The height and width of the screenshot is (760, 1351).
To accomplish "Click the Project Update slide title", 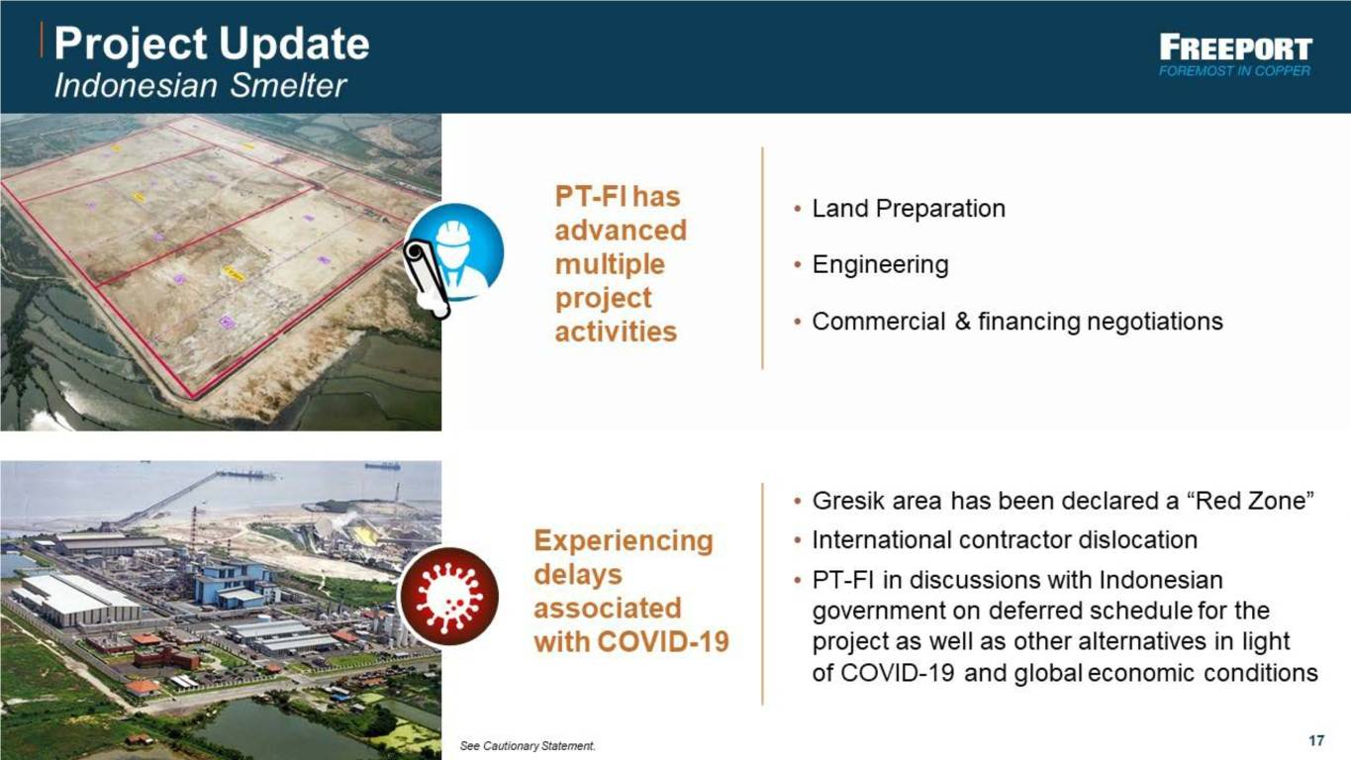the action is point(212,44).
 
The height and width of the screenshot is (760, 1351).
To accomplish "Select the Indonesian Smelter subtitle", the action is point(200,86).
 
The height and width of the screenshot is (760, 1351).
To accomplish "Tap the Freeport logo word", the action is point(1235,47).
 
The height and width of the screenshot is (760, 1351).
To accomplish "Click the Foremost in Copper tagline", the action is point(1234,71).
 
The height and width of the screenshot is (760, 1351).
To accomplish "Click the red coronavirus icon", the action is point(448,596).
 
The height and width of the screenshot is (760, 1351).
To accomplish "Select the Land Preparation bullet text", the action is point(909,209).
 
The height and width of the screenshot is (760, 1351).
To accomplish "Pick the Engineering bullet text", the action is point(881,265).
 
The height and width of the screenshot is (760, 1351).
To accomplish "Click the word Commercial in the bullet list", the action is point(879,322).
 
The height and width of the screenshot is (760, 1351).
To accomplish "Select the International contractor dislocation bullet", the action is point(1005,540).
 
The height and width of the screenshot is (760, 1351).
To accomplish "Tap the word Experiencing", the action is point(624,540).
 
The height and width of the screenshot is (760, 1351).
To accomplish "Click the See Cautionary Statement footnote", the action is point(528,746).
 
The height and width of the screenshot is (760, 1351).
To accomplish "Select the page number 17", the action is point(1316,740).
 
